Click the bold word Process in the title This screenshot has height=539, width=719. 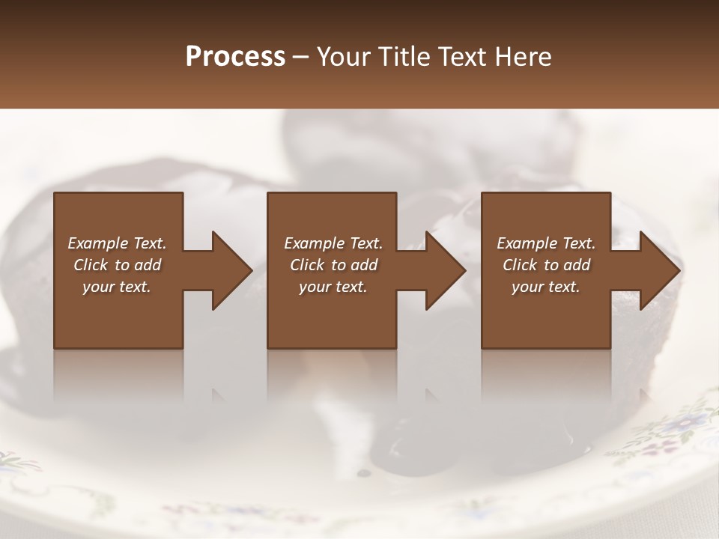pyautogui.click(x=235, y=56)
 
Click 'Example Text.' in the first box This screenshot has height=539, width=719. pyautogui.click(x=117, y=243)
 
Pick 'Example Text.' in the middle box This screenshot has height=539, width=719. pyautogui.click(x=333, y=243)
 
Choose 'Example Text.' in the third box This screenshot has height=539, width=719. pyautogui.click(x=546, y=243)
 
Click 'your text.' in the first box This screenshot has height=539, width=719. pyautogui.click(x=117, y=287)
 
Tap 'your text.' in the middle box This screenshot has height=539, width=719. pyautogui.click(x=333, y=287)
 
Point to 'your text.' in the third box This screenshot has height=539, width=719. pyautogui.click(x=546, y=287)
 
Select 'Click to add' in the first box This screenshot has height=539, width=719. pyautogui.click(x=117, y=265)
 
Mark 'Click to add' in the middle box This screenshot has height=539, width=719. pyautogui.click(x=333, y=265)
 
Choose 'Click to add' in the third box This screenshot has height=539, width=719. pyautogui.click(x=546, y=265)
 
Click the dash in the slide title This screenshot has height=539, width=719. pyautogui.click(x=301, y=58)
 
